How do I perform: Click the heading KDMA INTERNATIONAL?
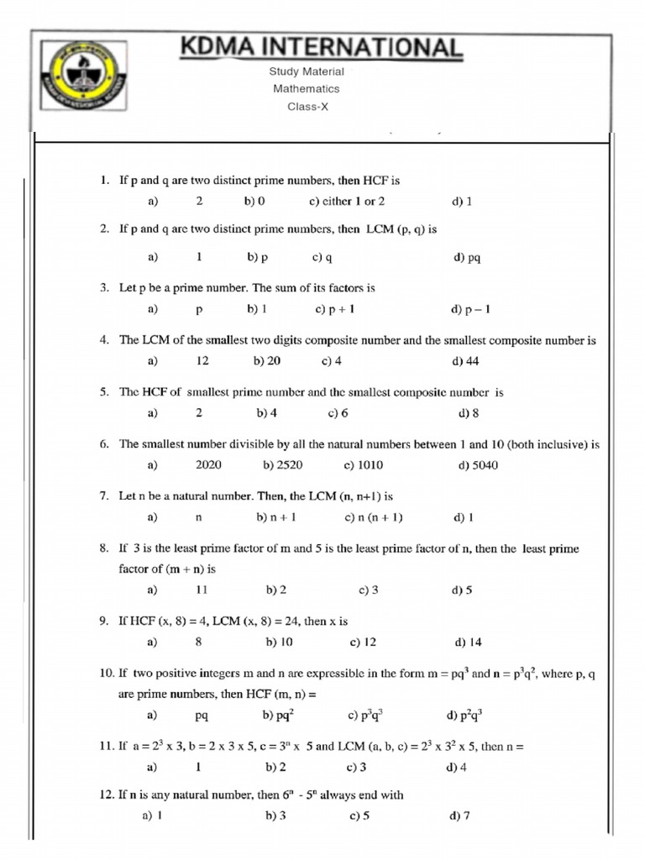321,47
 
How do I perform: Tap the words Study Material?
306,71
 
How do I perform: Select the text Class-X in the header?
306,107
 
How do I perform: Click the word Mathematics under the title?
306,89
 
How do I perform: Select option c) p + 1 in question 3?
335,309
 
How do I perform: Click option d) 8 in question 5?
468,413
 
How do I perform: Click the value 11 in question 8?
202,590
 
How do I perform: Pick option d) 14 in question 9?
468,642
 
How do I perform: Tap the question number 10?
106,674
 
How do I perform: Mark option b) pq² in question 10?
278,716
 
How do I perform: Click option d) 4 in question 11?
458,767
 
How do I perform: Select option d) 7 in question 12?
459,815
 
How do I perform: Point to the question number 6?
105,444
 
